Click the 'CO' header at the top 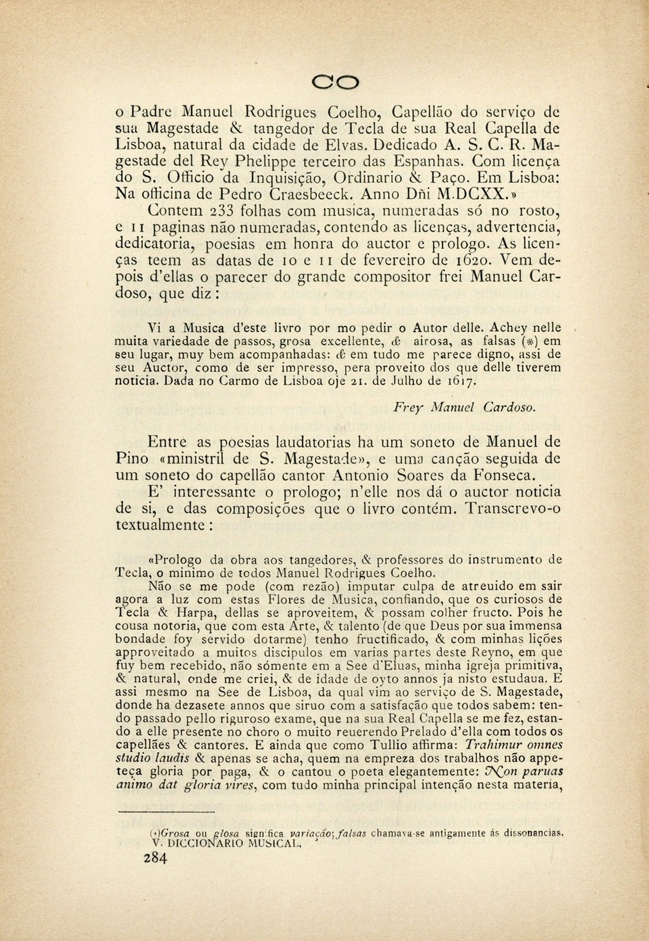pyautogui.click(x=336, y=81)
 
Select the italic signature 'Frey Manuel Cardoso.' pyautogui.click(x=464, y=407)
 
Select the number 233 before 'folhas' pyautogui.click(x=221, y=210)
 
